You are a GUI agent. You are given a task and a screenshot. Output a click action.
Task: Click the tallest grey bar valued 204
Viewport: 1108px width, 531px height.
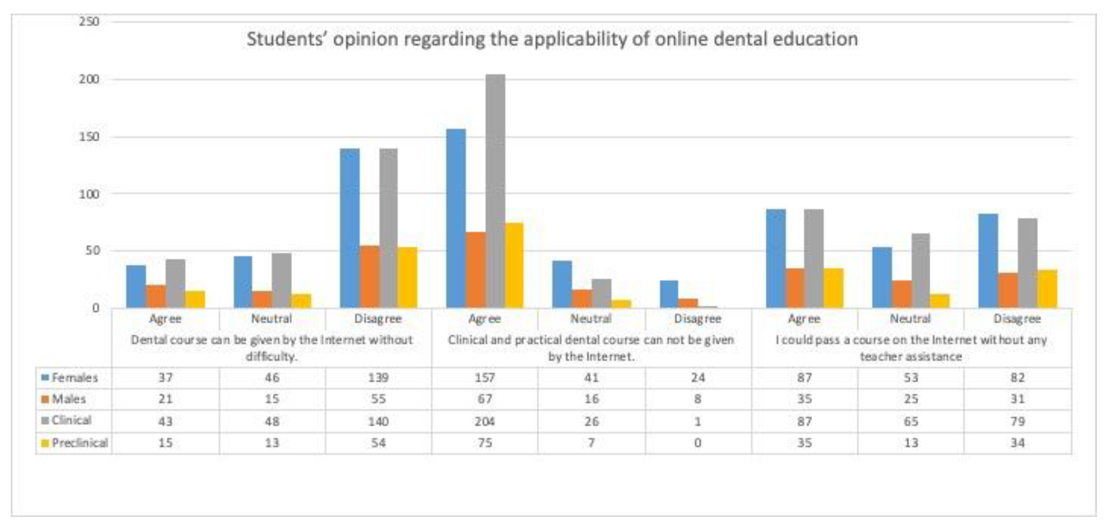(495, 191)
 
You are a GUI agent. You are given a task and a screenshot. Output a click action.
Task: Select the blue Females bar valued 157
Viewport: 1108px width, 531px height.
(456, 218)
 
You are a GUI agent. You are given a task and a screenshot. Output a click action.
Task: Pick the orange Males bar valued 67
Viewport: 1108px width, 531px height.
(476, 270)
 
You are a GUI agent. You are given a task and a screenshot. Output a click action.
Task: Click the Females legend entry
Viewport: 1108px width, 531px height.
(70, 378)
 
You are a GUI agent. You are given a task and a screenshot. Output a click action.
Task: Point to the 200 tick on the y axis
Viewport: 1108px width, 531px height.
(89, 79)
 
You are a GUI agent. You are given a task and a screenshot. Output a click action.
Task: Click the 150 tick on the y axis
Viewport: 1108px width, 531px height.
(89, 137)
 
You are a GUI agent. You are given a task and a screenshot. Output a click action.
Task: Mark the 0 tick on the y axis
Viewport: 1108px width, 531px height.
(96, 308)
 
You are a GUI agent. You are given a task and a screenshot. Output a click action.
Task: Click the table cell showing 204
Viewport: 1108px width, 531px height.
(485, 421)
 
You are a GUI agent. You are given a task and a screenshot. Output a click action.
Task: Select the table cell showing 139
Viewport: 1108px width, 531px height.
(378, 378)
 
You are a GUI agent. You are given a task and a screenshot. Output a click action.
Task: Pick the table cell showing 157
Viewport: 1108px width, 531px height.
(485, 378)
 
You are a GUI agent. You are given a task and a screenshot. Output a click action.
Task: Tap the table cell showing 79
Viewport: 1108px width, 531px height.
(1018, 421)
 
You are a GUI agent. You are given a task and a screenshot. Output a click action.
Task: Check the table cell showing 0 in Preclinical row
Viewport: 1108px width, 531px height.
(698, 443)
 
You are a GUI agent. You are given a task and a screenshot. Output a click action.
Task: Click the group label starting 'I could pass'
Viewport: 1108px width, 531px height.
(911, 348)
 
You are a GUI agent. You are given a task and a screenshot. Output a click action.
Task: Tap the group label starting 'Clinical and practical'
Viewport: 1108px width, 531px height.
(591, 348)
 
